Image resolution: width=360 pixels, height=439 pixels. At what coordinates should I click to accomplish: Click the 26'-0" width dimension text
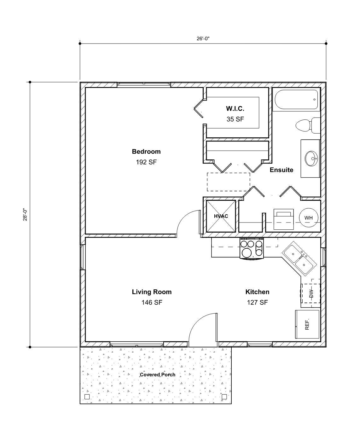tap(203, 38)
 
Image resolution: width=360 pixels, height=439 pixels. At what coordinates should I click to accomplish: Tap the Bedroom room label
tap(146, 152)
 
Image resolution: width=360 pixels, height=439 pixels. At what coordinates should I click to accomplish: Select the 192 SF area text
tap(146, 162)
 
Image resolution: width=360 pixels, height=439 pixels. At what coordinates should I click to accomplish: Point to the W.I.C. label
tap(235, 109)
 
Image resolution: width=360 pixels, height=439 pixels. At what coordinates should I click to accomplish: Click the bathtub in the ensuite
tap(296, 100)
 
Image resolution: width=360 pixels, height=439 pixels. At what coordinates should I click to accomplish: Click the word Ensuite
tap(281, 170)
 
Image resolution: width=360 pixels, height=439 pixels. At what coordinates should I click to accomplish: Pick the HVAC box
tap(221, 216)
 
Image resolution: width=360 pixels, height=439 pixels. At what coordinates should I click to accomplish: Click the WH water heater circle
tap(308, 218)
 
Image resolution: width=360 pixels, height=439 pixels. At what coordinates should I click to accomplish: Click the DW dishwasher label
tap(311, 294)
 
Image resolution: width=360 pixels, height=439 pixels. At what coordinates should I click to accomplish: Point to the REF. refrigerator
tap(307, 325)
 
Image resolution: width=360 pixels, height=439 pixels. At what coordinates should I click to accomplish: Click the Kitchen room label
tap(257, 292)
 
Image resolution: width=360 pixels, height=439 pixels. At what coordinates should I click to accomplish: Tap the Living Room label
tap(152, 292)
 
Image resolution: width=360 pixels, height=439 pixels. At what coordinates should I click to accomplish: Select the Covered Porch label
tap(157, 375)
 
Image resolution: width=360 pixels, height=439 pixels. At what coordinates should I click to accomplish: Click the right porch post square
tap(224, 396)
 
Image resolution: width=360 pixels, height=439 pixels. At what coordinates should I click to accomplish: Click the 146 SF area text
tap(152, 303)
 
